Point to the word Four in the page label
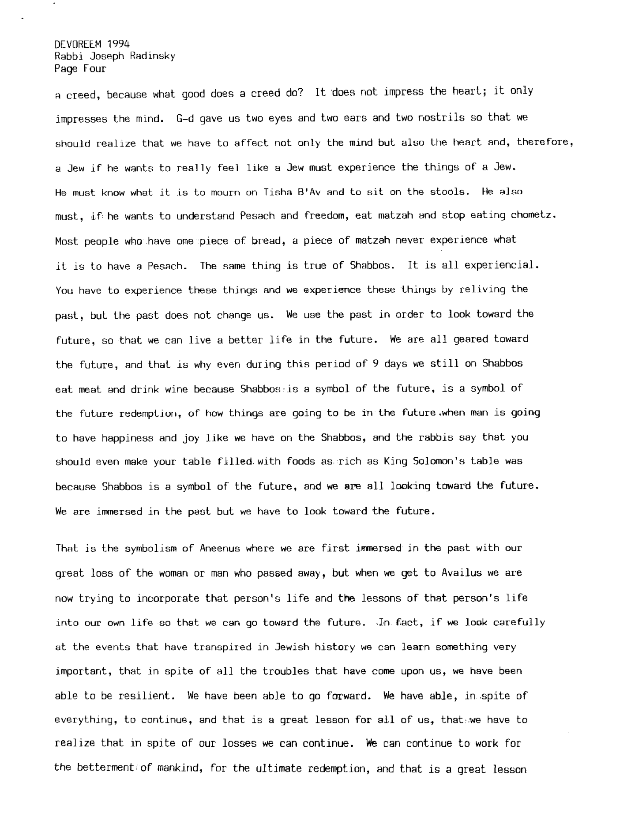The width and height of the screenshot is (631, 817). (x=94, y=68)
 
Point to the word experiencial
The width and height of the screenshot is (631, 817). (x=501, y=265)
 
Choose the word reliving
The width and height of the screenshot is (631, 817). (x=482, y=290)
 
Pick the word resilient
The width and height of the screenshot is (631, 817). (x=144, y=696)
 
